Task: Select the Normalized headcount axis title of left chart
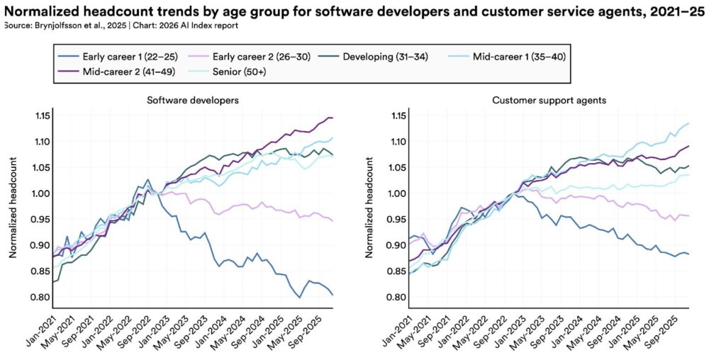pos(13,206)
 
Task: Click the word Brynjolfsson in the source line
pos(60,26)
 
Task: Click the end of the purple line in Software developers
pos(333,118)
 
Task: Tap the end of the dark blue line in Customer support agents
pos(688,254)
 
